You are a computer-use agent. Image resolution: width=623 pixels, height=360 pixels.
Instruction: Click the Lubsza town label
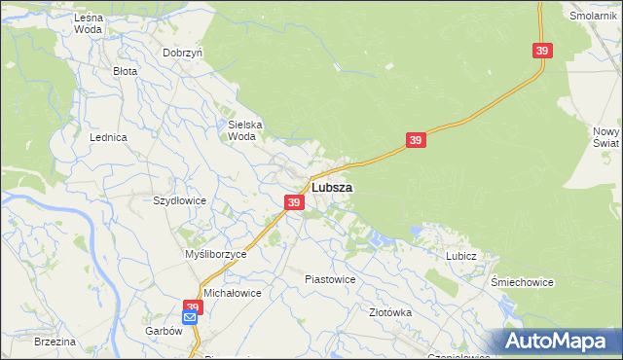click(x=332, y=187)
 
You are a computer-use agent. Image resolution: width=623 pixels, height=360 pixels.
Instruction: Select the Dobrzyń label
click(x=182, y=53)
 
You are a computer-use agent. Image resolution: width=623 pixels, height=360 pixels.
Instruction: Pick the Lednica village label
click(x=109, y=138)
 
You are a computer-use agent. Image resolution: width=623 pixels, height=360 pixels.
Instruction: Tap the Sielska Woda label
click(x=242, y=130)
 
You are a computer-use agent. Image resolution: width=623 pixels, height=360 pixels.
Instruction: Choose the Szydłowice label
click(x=179, y=200)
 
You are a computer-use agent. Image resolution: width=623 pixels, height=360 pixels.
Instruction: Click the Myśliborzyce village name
click(x=216, y=253)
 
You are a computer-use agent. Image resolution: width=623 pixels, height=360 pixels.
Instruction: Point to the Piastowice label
click(x=330, y=279)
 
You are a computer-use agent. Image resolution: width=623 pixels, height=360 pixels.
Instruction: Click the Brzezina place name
click(x=55, y=342)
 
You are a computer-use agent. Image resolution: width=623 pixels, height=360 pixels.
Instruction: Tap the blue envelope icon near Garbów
click(x=190, y=317)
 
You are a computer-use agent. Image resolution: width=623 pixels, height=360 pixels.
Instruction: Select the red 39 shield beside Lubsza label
click(x=294, y=202)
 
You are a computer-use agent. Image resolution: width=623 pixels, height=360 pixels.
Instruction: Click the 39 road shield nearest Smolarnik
click(x=542, y=51)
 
